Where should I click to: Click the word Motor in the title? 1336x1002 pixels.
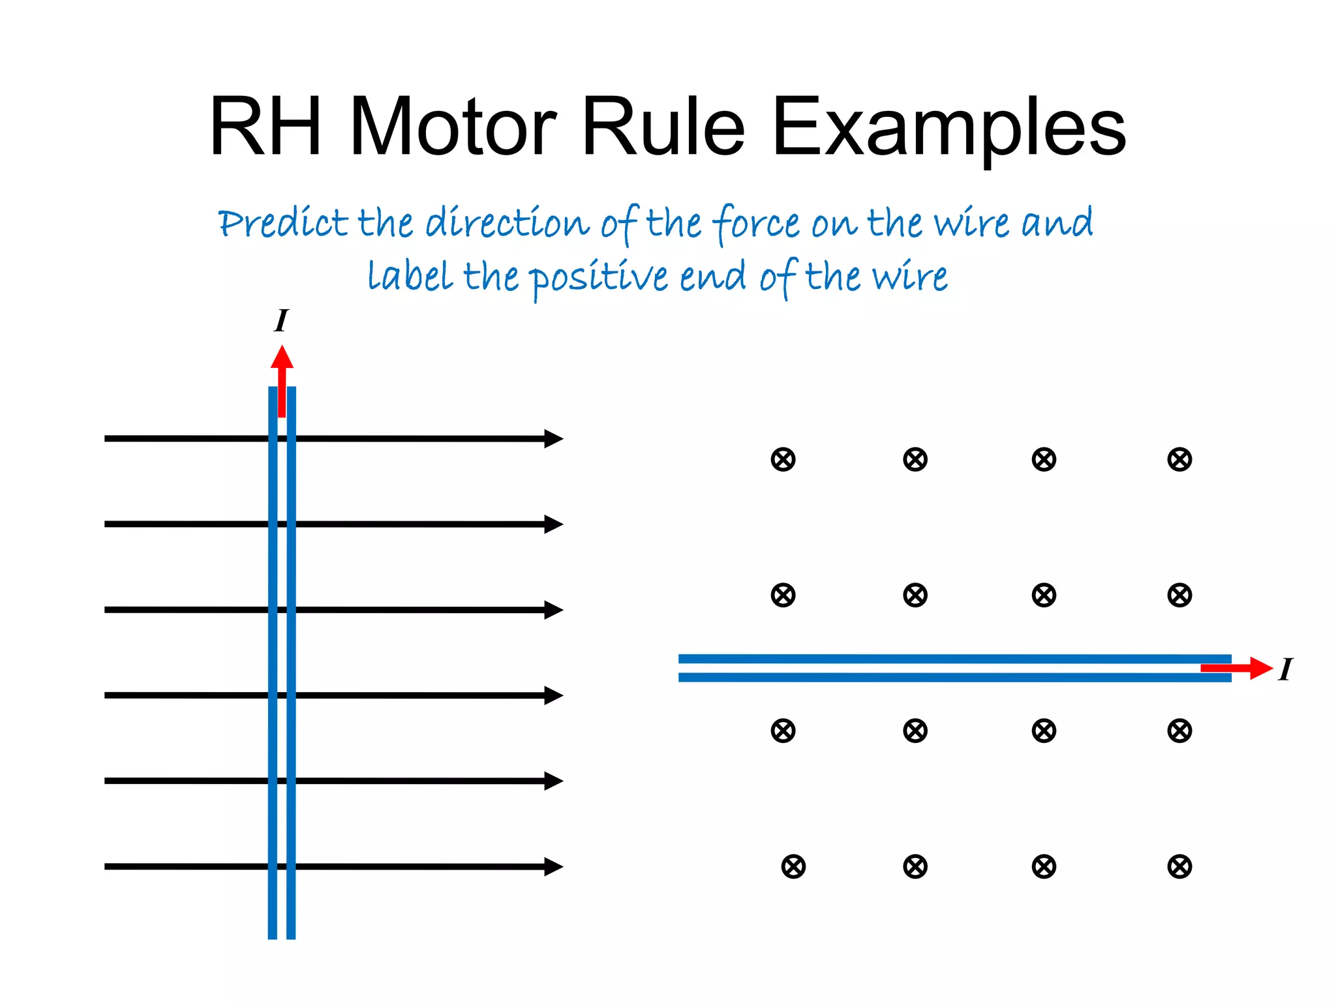click(x=453, y=127)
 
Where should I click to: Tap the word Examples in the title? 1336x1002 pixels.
click(x=949, y=128)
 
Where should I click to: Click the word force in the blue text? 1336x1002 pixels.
click(x=757, y=224)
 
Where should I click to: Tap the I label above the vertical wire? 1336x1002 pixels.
click(x=281, y=321)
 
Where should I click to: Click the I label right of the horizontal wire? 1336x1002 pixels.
click(x=1285, y=669)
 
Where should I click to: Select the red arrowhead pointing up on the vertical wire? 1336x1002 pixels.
click(x=282, y=357)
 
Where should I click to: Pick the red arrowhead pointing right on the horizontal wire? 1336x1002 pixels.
click(x=1260, y=668)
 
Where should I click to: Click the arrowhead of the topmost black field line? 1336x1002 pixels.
click(x=553, y=438)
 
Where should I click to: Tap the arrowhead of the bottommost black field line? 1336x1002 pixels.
click(x=553, y=866)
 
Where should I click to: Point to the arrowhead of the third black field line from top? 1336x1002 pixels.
click(x=553, y=610)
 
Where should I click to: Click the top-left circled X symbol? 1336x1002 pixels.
click(x=783, y=459)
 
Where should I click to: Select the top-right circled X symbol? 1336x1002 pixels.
click(x=1179, y=459)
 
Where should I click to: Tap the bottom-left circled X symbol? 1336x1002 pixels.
click(x=793, y=866)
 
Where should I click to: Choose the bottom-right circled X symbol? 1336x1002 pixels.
click(x=1179, y=866)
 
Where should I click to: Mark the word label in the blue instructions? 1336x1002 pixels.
click(x=410, y=277)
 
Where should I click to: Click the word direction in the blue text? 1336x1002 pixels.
click(x=508, y=224)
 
